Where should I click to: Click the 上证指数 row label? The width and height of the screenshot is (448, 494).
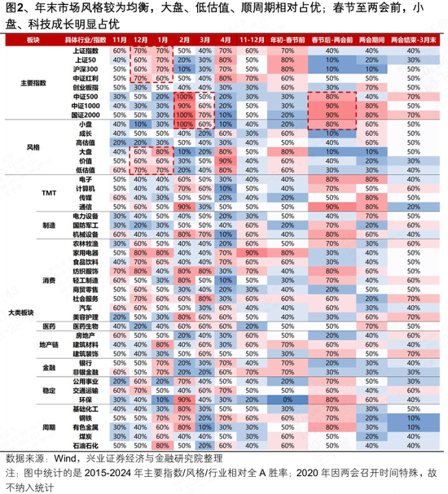coord(86,50)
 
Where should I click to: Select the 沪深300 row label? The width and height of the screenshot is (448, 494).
coord(86,70)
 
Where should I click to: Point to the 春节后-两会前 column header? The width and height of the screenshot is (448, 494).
coord(331,39)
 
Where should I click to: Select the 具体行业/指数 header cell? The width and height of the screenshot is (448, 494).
coord(86,39)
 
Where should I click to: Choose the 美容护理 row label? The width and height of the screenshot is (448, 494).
coord(86,317)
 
